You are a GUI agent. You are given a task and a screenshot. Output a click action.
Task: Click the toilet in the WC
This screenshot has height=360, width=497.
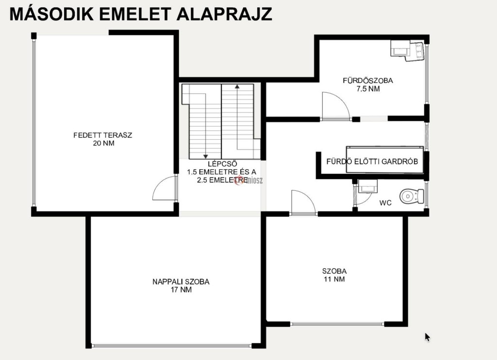pyautogui.click(x=412, y=196)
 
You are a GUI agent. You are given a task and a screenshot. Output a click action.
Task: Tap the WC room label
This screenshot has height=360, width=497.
pyautogui.click(x=385, y=203)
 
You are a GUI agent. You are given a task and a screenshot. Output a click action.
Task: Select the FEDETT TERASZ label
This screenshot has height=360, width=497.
pyautogui.click(x=103, y=135)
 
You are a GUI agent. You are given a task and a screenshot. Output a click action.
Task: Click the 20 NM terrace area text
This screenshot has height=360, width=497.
pyautogui.click(x=104, y=143)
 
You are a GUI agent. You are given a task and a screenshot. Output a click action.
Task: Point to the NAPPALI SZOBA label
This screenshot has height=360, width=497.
pyautogui.click(x=181, y=282)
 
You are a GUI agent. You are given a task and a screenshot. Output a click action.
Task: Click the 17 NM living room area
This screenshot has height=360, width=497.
pyautogui.click(x=182, y=290)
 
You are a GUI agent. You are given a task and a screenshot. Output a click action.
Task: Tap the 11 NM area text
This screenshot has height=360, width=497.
pyautogui.click(x=334, y=279)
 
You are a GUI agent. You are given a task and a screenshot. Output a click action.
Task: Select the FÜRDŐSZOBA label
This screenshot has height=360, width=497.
pyautogui.click(x=368, y=81)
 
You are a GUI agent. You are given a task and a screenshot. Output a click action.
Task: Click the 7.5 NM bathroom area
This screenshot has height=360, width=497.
pyautogui.click(x=368, y=89)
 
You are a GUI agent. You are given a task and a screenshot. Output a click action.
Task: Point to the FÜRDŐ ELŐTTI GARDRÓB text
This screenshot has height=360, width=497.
pyautogui.click(x=372, y=161)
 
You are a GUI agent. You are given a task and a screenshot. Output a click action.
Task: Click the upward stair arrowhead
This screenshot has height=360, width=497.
pyautogui.click(x=237, y=86)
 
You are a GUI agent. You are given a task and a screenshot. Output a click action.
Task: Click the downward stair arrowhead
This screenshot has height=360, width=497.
pyautogui.click(x=205, y=156)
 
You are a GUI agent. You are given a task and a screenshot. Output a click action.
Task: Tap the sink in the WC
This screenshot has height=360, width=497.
pyautogui.click(x=368, y=186)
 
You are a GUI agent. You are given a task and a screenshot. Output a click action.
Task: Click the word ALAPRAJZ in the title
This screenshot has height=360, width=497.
pyautogui.click(x=224, y=14)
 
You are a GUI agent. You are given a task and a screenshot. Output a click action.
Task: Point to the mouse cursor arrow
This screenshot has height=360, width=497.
pyautogui.click(x=427, y=337)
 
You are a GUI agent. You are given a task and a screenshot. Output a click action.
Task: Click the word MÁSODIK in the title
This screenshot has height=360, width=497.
pyautogui.click(x=51, y=14)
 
